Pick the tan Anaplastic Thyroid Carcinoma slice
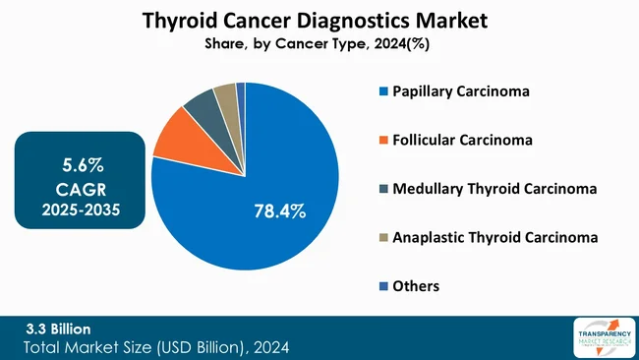(225, 93)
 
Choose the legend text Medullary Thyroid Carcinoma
(494, 188)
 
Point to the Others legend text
(415, 285)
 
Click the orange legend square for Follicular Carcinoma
(381, 141)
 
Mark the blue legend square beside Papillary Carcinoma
(381, 92)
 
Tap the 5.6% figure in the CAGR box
(77, 162)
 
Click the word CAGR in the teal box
(77, 187)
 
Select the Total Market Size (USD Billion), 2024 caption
(157, 347)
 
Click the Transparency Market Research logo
(601, 337)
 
